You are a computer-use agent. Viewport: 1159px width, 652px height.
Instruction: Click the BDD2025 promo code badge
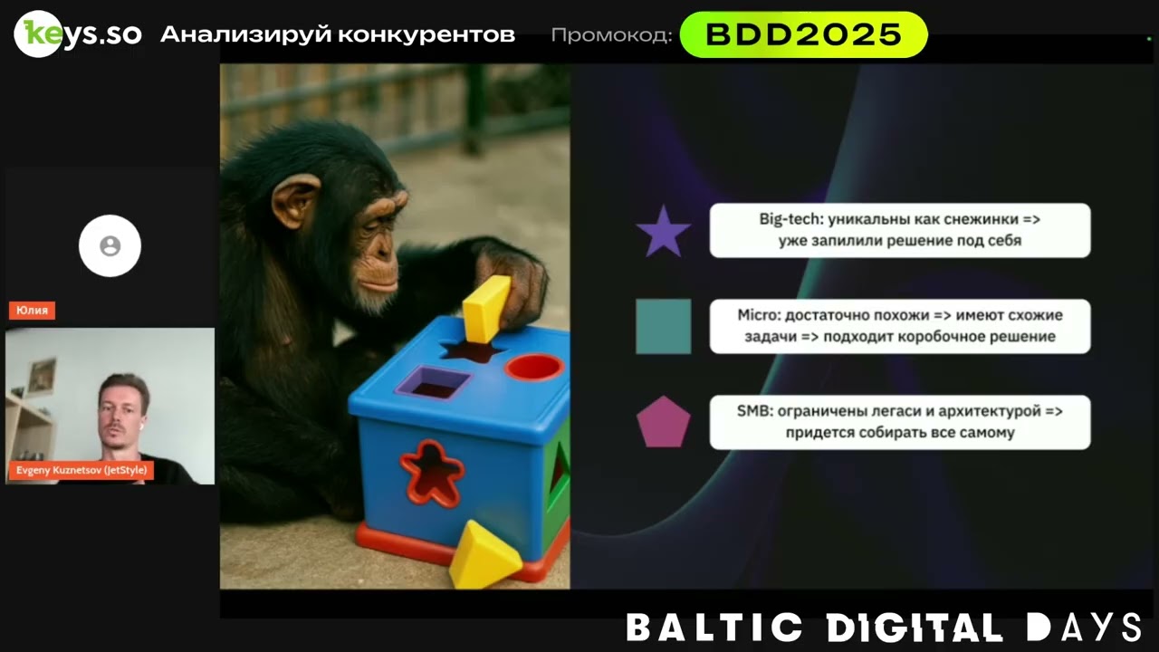point(803,35)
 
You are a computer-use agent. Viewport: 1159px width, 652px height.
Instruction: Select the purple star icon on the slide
point(663,232)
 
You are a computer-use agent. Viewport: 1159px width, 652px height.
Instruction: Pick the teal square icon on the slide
point(663,326)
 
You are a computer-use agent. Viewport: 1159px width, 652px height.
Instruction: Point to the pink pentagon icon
point(663,422)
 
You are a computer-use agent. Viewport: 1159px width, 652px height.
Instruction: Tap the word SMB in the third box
point(753,411)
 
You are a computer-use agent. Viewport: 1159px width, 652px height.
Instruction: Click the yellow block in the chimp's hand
point(486,309)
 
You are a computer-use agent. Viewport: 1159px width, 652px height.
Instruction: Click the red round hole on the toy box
point(533,367)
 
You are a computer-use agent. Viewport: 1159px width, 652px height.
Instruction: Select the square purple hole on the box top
point(433,382)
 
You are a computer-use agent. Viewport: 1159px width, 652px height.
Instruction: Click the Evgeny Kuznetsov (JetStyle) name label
point(81,470)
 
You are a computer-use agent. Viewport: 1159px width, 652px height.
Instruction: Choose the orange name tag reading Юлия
point(33,311)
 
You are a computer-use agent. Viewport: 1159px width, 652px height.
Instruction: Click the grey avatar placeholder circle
point(110,245)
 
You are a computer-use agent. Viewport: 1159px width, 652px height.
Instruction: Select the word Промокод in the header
point(611,35)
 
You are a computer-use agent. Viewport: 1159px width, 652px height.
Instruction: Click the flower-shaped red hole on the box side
point(432,472)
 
